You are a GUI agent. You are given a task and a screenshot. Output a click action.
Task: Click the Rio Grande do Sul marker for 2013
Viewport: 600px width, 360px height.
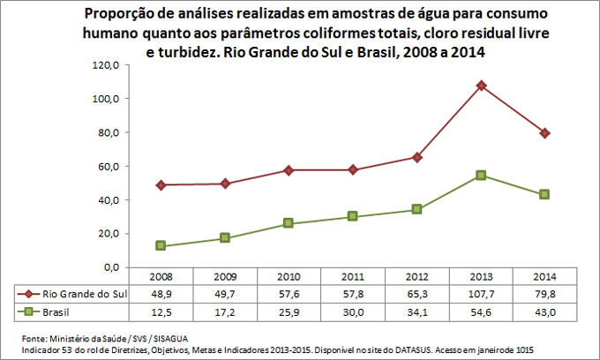[x=481, y=86]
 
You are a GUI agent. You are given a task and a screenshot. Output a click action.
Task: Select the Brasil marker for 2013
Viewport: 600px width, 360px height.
[x=481, y=175]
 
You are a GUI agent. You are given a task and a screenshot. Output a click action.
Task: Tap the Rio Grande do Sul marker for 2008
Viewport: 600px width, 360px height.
[x=161, y=185]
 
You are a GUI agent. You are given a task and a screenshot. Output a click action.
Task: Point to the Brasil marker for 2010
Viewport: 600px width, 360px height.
[x=289, y=223]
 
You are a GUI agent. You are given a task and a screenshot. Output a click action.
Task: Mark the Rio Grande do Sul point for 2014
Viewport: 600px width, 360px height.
[x=545, y=132]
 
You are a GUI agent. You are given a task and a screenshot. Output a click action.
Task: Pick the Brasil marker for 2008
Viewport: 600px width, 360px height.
[x=161, y=245]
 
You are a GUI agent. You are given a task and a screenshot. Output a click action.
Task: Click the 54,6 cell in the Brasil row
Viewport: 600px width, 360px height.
[x=481, y=312]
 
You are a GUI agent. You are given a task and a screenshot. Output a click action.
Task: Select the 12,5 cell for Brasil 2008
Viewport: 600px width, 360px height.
[x=161, y=312]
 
